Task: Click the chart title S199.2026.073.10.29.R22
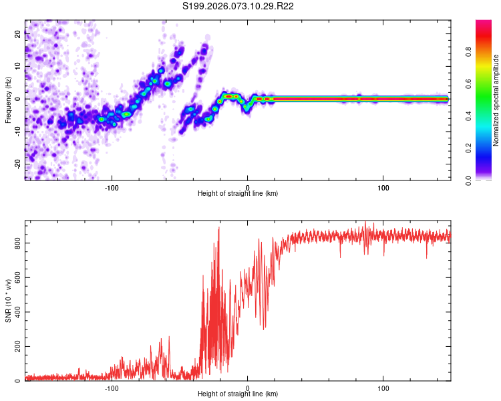238,6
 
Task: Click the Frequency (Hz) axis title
8,100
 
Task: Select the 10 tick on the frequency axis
18,67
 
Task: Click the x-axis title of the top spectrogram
238,194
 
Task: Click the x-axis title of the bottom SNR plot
238,395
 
